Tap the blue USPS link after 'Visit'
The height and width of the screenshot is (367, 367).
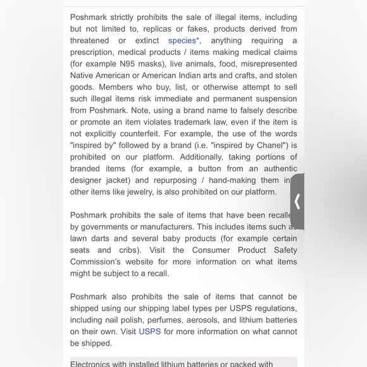tap(150, 332)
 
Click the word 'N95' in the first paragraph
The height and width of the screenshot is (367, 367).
tap(127, 64)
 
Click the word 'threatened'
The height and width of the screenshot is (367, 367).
tap(89, 40)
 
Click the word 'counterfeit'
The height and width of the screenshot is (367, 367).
tap(135, 134)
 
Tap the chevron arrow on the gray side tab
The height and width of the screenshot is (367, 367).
tap(297, 202)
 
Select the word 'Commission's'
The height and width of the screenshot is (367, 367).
tap(95, 262)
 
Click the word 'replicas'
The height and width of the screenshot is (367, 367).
tap(157, 29)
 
